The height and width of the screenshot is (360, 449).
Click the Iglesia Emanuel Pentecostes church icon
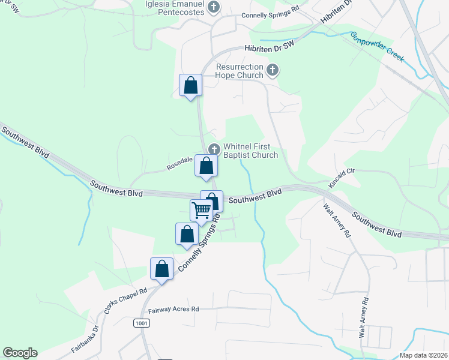pos(214,7)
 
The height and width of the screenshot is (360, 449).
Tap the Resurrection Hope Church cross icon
pos(273,71)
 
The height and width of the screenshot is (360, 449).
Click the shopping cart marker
pos(201,210)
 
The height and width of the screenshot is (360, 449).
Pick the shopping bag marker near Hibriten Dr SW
pos(191,85)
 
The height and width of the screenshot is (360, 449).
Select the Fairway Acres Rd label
pos(173,309)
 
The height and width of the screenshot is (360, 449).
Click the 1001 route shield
pos(141,323)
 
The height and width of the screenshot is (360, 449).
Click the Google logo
pos(20,353)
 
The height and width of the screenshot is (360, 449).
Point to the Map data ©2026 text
pos(423,355)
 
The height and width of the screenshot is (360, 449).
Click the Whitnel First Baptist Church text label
pos(250,151)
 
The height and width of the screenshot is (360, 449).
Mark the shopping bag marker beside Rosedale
pos(206,166)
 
